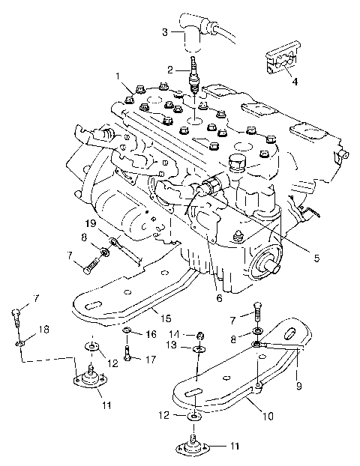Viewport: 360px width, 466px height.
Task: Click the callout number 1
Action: [x=118, y=76]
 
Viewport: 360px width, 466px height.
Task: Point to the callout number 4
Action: [x=295, y=81]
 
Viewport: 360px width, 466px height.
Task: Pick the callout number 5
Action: [x=316, y=258]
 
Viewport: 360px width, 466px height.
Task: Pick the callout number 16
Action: [x=151, y=333]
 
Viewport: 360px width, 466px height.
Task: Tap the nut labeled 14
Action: [x=201, y=334]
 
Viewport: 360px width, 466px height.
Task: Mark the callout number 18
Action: [x=24, y=329]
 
